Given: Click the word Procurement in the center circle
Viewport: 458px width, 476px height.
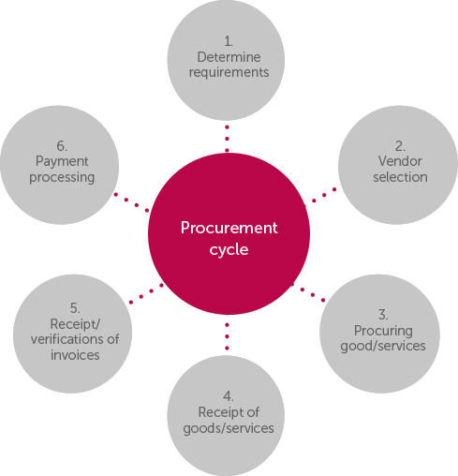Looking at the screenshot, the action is click(x=229, y=228).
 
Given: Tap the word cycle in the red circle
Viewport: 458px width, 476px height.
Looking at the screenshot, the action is click(x=229, y=250).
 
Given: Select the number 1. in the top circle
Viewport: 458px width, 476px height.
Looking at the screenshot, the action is click(x=229, y=41).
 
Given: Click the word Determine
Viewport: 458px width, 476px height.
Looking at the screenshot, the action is click(x=229, y=57).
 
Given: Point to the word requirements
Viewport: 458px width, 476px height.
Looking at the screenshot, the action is click(x=229, y=73).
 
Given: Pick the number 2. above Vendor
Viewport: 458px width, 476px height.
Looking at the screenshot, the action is click(x=400, y=146).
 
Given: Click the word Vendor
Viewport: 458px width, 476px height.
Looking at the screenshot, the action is click(x=400, y=161).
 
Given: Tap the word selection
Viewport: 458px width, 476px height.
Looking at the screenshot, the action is click(x=400, y=177).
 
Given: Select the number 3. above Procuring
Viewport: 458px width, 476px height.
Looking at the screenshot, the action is click(x=383, y=315).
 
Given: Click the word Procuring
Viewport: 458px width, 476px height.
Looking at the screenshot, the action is click(x=383, y=331).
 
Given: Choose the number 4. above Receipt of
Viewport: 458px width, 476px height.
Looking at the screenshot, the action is click(x=229, y=396).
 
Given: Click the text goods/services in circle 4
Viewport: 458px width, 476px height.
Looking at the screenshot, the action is click(x=229, y=428).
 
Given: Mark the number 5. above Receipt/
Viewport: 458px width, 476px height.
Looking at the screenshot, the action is click(x=75, y=308).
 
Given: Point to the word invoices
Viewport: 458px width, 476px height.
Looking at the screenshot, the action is click(x=75, y=355).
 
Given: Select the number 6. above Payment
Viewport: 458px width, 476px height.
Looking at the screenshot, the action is click(x=62, y=146).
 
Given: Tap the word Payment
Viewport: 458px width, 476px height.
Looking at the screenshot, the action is click(x=62, y=162).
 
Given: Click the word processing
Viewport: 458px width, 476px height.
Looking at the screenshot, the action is click(x=62, y=178).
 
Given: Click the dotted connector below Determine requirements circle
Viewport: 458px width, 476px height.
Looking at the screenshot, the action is click(x=227, y=139).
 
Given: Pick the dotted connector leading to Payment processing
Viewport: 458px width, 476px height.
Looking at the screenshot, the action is click(x=131, y=202).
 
